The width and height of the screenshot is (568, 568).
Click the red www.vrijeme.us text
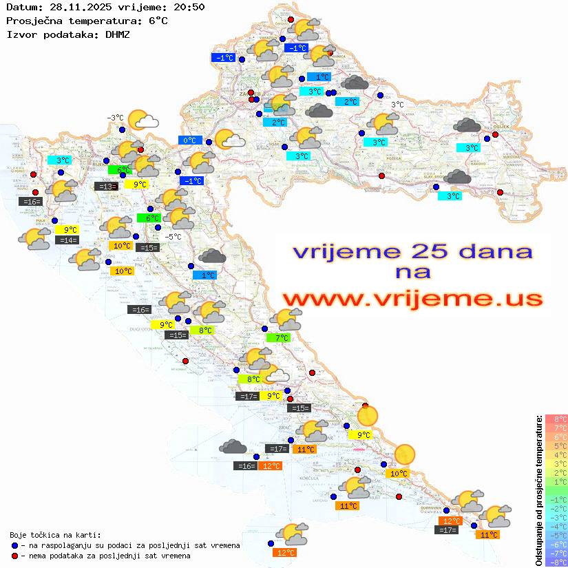tap(412, 299)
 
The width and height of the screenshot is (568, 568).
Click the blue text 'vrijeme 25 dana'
tap(412, 251)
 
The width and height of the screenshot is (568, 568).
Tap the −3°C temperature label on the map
tap(114, 118)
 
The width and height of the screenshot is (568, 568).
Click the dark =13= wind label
tap(105, 187)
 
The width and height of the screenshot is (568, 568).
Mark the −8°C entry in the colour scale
tap(556, 562)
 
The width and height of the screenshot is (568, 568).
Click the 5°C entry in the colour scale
tap(556, 446)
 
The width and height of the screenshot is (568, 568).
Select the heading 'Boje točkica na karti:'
tap(55, 535)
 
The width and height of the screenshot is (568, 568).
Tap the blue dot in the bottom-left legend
tap(15, 545)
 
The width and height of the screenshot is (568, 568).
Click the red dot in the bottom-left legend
tap(15, 556)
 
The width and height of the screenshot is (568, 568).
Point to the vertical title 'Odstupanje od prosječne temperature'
tap(538, 490)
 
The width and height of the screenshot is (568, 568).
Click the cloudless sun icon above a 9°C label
tap(368, 416)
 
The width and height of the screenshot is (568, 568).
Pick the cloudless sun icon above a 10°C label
tap(404, 454)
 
